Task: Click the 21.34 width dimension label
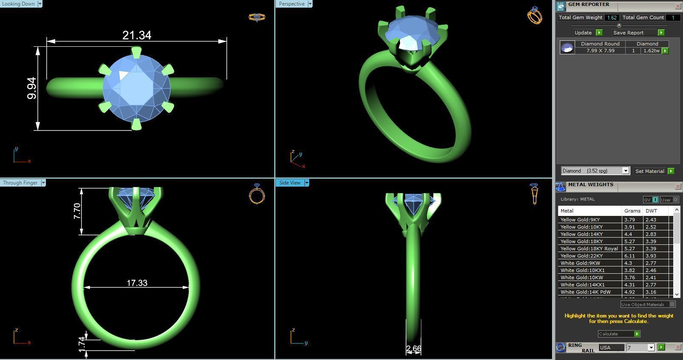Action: [x=137, y=35]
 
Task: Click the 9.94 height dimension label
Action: [x=32, y=88]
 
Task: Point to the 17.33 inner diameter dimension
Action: [x=137, y=283]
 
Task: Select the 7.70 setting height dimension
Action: [x=77, y=211]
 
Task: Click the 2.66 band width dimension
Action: [x=413, y=349]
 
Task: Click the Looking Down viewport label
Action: [x=19, y=4]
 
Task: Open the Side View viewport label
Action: [x=290, y=183]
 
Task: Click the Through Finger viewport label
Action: [x=20, y=183]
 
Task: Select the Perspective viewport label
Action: [x=292, y=4]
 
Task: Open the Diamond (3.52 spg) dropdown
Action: [x=595, y=171]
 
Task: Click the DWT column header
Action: [x=651, y=211]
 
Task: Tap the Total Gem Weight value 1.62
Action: [x=612, y=17]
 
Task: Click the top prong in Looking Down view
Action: [x=136, y=52]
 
